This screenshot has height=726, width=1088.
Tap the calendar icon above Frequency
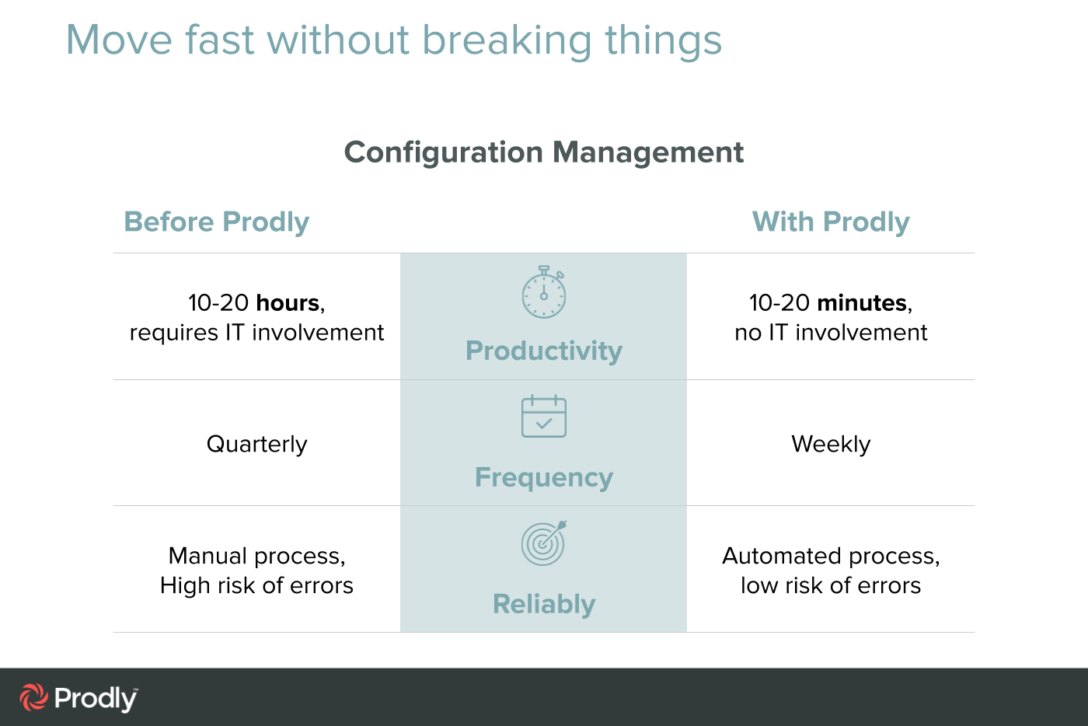[x=544, y=417]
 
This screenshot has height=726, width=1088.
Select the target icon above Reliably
[x=544, y=543]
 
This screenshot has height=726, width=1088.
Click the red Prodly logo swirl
[x=33, y=697]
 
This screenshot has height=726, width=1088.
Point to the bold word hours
[x=288, y=302]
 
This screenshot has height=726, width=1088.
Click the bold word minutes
[x=862, y=302]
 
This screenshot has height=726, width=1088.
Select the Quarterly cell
[x=256, y=444]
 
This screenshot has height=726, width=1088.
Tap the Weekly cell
[x=831, y=444]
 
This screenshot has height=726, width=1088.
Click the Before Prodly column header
[x=216, y=222]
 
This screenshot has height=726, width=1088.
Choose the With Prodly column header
[x=831, y=222]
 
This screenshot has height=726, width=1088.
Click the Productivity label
[x=544, y=351]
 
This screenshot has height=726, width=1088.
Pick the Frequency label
[x=544, y=477]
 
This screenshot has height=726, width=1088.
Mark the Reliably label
[x=544, y=604]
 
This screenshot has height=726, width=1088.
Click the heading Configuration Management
[x=544, y=152]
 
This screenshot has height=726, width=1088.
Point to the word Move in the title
[x=119, y=40]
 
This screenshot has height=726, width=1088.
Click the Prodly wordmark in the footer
[x=96, y=699]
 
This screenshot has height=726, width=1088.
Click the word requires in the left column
[x=174, y=333]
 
